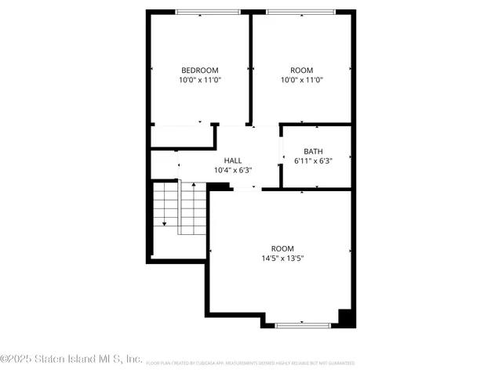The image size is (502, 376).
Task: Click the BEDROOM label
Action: [200, 70]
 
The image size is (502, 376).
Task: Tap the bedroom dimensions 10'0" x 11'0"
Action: [200, 80]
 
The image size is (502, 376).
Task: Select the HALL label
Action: [233, 160]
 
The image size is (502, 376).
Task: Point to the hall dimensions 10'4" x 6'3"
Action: [233, 170]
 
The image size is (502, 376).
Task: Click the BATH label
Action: [314, 152]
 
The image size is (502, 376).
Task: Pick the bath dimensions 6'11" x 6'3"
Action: [314, 161]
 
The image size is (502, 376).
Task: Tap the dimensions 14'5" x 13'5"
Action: [282, 258]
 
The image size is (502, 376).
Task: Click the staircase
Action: [180, 208]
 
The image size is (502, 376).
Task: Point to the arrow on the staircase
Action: [164, 223]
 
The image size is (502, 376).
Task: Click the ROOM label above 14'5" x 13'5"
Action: [282, 248]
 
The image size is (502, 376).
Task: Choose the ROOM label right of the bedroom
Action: [300, 70]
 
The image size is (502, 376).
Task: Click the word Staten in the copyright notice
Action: [51, 360]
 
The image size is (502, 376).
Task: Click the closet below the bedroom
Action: [182, 136]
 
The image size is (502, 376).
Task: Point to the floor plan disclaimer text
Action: [250, 363]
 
